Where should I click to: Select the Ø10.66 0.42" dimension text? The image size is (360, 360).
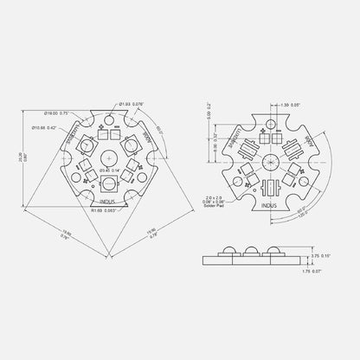(x=61, y=127)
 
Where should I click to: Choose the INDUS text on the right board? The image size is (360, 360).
(x=270, y=206)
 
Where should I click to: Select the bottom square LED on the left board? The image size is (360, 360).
(x=112, y=183)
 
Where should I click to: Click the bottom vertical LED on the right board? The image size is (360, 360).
(x=270, y=188)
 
